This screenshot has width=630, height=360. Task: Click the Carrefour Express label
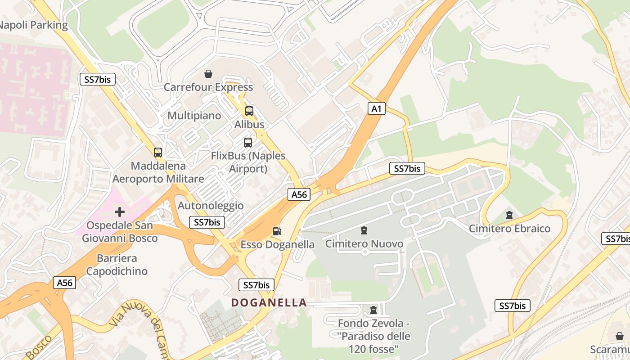(x=208, y=87)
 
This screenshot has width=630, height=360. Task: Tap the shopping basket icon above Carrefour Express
(x=208, y=73)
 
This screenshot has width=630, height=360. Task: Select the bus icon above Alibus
(x=249, y=111)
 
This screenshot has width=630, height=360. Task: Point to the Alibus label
(x=249, y=124)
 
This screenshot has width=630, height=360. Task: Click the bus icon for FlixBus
(x=247, y=143)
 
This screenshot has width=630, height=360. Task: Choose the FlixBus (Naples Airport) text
(x=248, y=162)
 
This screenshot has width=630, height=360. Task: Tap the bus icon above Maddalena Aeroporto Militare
(x=157, y=152)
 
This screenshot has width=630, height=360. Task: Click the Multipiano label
(x=194, y=116)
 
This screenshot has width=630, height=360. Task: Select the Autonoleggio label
(x=211, y=206)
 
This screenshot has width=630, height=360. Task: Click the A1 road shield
(x=377, y=108)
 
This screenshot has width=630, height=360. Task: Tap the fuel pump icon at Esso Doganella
(x=277, y=231)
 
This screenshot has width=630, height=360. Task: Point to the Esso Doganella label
(x=277, y=244)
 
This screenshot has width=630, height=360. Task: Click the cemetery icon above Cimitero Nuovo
(x=364, y=231)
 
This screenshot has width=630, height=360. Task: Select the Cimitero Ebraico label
(x=509, y=229)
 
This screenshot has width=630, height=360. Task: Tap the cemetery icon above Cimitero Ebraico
(x=509, y=215)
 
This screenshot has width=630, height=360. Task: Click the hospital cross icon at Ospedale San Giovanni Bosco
(x=119, y=211)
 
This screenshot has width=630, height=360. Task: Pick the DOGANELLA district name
(x=269, y=302)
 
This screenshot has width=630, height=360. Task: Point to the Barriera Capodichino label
(x=117, y=265)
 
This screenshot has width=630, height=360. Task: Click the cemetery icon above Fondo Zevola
(x=373, y=310)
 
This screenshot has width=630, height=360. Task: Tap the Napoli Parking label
(x=33, y=25)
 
